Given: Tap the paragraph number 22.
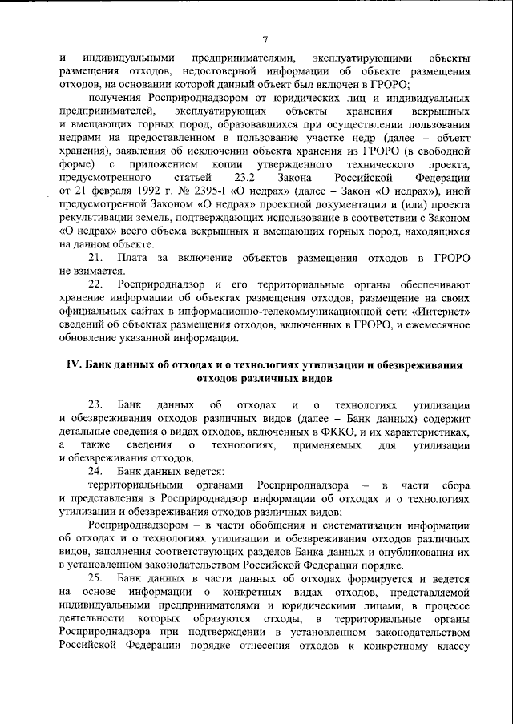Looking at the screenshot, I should pyautogui.click(x=95, y=284).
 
